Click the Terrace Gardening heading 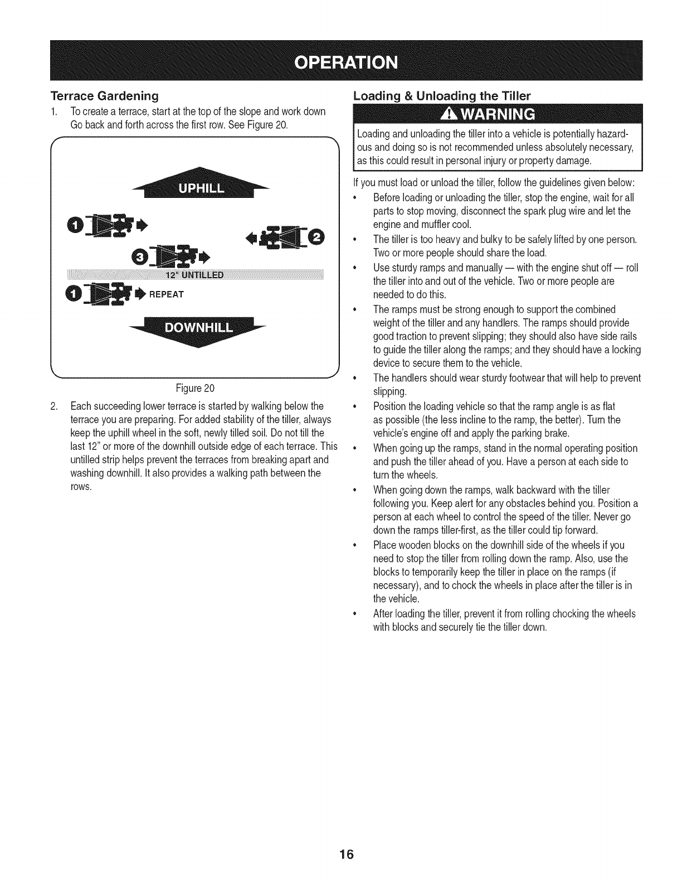tap(105, 95)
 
